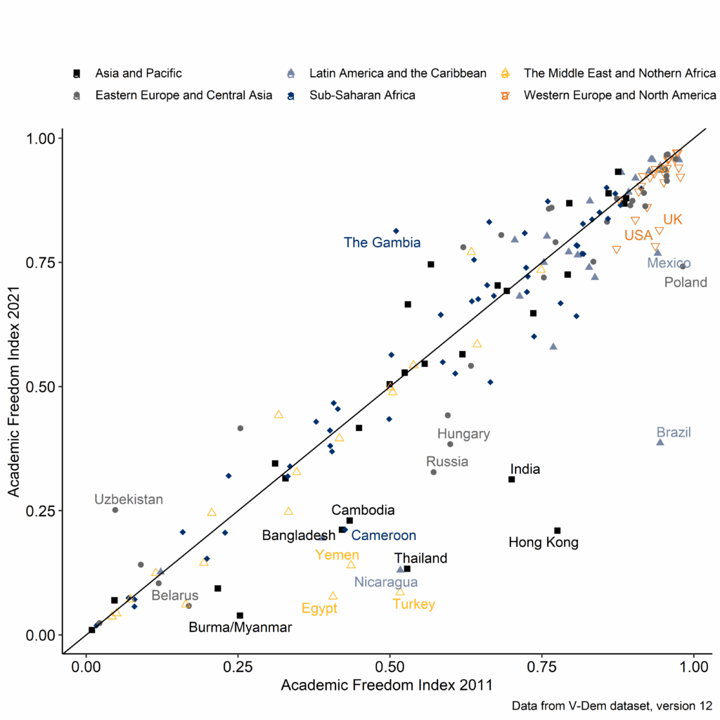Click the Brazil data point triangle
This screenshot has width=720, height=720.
tap(660, 442)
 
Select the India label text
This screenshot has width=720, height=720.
tap(525, 469)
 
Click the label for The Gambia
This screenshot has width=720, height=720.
tap(382, 243)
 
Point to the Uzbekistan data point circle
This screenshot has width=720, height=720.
tap(115, 510)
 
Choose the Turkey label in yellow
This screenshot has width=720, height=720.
tap(413, 604)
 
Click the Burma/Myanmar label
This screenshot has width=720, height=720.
tap(240, 628)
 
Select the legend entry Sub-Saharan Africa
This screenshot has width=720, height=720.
tap(363, 95)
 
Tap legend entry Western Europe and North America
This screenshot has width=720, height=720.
tap(619, 95)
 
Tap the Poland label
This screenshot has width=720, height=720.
tap(686, 283)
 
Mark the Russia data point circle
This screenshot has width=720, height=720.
tap(434, 472)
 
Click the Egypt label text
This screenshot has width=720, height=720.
tap(319, 608)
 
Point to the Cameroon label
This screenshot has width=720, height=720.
tap(383, 536)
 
